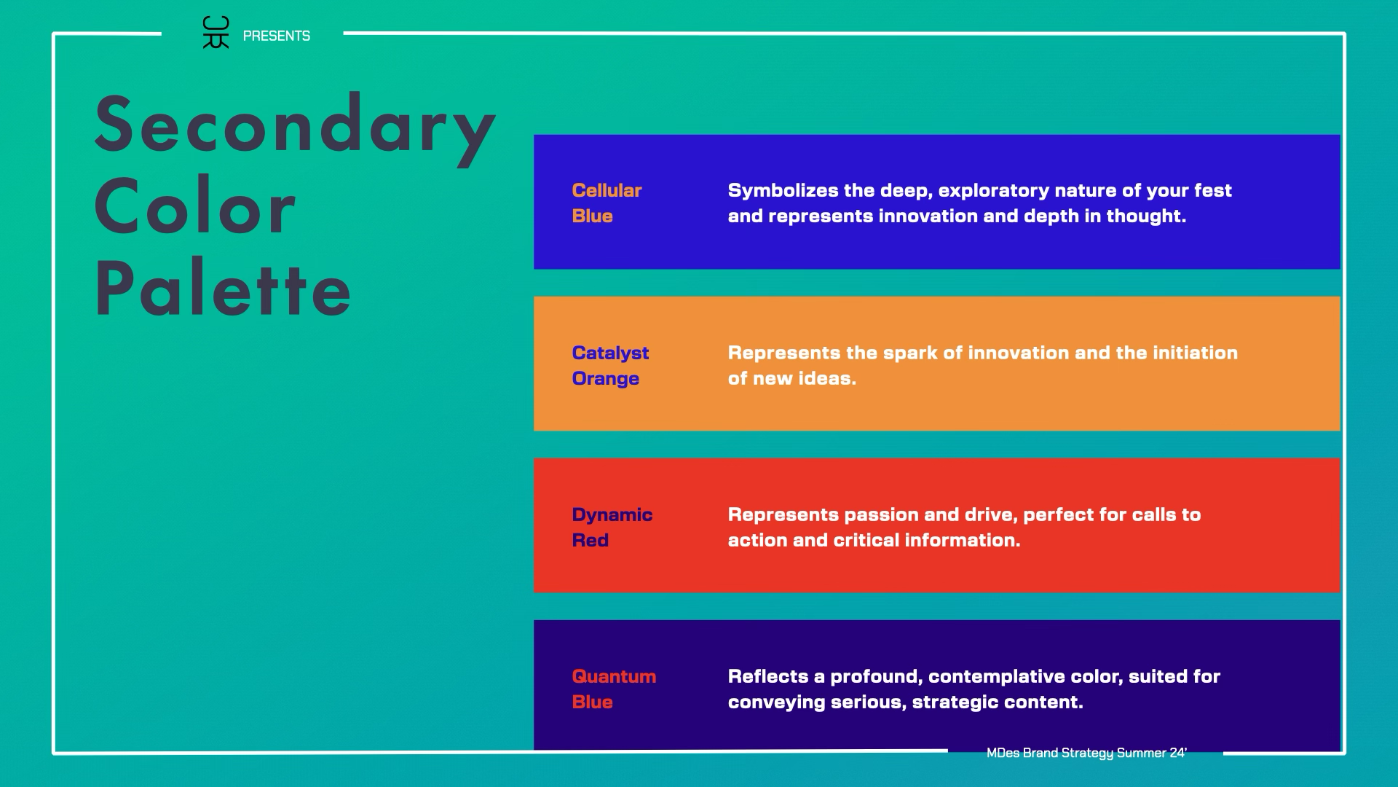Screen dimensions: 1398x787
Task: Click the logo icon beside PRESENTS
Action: pos(216,33)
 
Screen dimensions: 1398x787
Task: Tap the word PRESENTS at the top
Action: pos(277,36)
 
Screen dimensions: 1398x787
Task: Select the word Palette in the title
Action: pos(223,289)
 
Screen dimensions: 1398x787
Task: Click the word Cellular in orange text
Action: pos(607,190)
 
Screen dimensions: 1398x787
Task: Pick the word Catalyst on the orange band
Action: pos(610,353)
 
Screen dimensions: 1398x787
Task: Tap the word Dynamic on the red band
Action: pos(612,515)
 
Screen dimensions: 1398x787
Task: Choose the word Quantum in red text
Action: pos(614,676)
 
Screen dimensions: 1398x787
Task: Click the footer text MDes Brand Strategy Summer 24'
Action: pos(1086,753)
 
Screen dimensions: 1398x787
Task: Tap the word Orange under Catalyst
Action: pos(606,379)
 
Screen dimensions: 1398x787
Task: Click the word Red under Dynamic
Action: pos(590,540)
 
